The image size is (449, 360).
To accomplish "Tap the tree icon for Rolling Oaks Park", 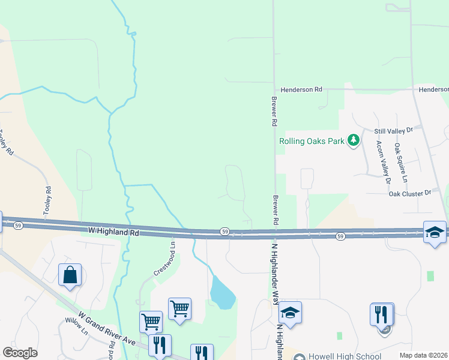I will (x=354, y=140).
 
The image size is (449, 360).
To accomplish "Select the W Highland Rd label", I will (x=113, y=229).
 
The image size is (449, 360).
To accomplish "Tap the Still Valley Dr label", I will (x=394, y=130).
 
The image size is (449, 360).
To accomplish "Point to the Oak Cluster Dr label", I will (x=410, y=193).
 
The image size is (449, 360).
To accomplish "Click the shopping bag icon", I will (x=70, y=275).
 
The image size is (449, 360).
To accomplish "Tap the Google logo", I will (x=20, y=353).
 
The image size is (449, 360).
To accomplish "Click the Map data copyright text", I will (x=423, y=355).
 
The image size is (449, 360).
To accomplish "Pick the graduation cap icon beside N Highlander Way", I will (x=290, y=312).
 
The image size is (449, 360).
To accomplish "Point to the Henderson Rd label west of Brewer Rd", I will (x=301, y=89).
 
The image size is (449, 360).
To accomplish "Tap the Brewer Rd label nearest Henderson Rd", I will (x=274, y=112).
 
